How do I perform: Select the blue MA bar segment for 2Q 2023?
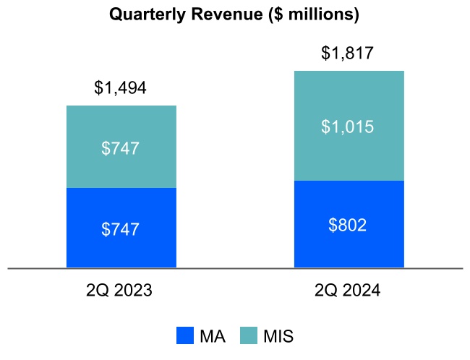pos(121,228)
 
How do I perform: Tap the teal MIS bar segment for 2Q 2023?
pos(121,147)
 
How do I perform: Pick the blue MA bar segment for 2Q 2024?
pos(349,224)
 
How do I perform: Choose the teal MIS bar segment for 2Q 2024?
pos(349,126)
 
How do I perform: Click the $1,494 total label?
pos(120,87)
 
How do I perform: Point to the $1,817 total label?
pos(347,53)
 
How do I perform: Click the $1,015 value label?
pos(347,127)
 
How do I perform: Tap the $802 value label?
pos(347,225)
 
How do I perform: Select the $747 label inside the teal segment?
pos(120,148)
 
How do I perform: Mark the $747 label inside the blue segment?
pos(120,229)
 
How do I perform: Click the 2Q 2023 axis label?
pos(119,290)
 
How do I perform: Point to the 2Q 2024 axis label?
pos(347,290)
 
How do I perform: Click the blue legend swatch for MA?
pos(185,335)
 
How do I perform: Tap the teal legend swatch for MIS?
pos(249,335)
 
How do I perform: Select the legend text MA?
pos(213,336)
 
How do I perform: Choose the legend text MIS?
pos(278,336)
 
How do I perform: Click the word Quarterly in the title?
pos(148,14)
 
